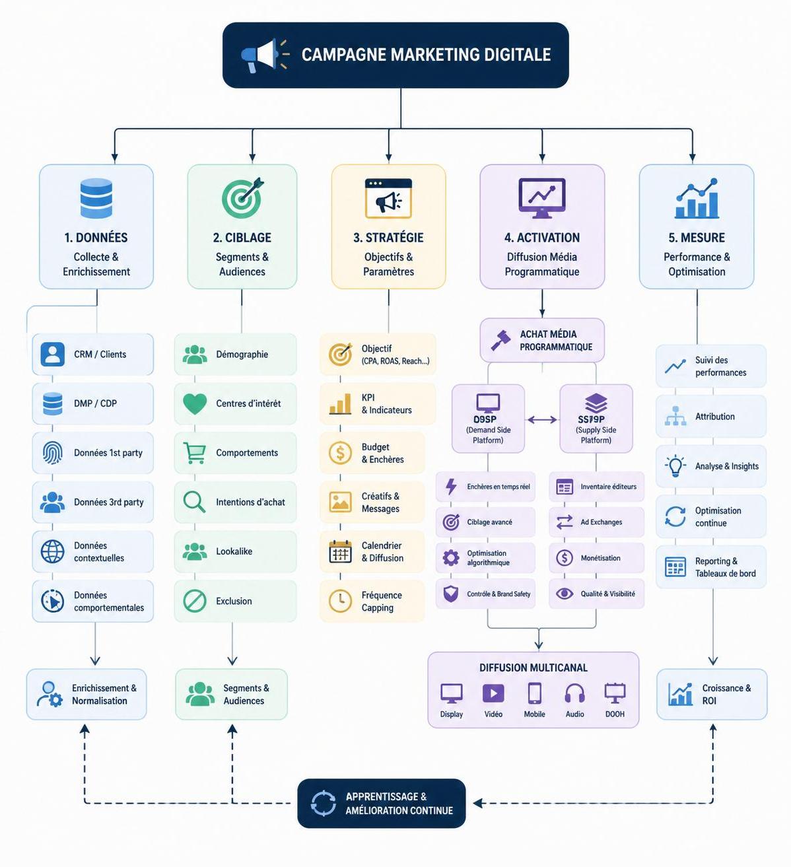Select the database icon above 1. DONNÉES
(x=96, y=198)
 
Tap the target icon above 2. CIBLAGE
(x=242, y=197)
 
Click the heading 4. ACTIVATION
(x=541, y=238)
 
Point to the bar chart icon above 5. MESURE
(x=697, y=198)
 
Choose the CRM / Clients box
(x=92, y=355)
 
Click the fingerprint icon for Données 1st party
(x=53, y=453)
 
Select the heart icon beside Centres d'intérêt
(x=195, y=403)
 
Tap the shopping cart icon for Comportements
(x=195, y=453)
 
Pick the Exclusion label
(x=234, y=602)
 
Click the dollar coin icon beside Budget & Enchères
(x=340, y=453)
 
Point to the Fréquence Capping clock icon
(x=340, y=601)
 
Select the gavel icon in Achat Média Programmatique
(x=500, y=340)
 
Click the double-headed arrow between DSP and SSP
(x=542, y=419)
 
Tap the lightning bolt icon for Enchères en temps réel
(x=452, y=487)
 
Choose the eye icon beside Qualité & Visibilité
(x=565, y=594)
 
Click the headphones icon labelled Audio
(x=574, y=693)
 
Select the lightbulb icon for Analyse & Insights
(x=675, y=466)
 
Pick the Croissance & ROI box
(x=712, y=694)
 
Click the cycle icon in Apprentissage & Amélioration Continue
(x=324, y=804)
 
